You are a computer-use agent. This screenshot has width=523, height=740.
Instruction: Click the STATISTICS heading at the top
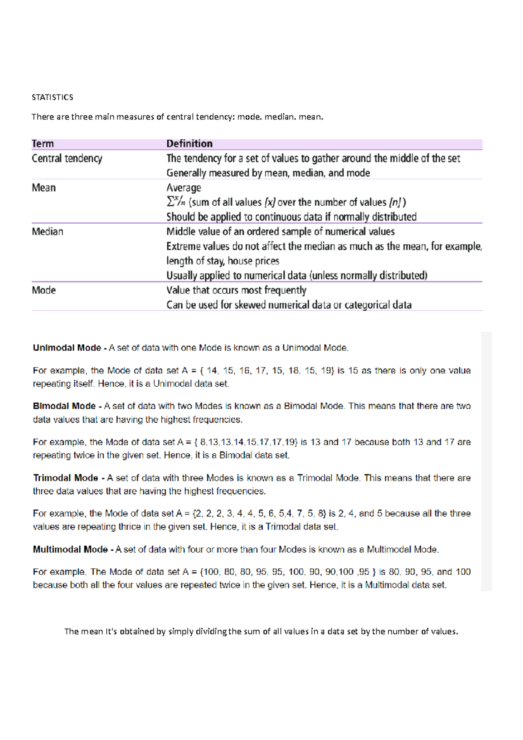pyautogui.click(x=52, y=97)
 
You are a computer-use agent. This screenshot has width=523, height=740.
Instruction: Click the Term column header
pyautogui.click(x=43, y=144)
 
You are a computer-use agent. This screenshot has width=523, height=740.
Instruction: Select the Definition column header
pyautogui.click(x=190, y=144)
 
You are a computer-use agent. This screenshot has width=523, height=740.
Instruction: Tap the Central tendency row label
pyautogui.click(x=67, y=159)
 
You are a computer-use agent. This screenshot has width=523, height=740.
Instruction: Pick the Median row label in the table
pyautogui.click(x=47, y=232)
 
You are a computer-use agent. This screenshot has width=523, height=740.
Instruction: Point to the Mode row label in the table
pyautogui.click(x=44, y=290)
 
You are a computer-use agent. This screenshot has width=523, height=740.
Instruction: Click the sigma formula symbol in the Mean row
pyautogui.click(x=176, y=202)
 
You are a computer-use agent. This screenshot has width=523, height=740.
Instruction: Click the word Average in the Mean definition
pyautogui.click(x=183, y=188)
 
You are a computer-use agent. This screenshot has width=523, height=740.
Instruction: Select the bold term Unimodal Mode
pyautogui.click(x=67, y=348)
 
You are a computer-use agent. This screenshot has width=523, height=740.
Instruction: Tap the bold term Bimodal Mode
pyautogui.click(x=64, y=406)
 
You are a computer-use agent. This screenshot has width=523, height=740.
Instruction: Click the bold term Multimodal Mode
pyautogui.click(x=70, y=550)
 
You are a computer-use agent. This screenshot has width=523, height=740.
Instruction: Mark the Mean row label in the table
pyautogui.click(x=44, y=188)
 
